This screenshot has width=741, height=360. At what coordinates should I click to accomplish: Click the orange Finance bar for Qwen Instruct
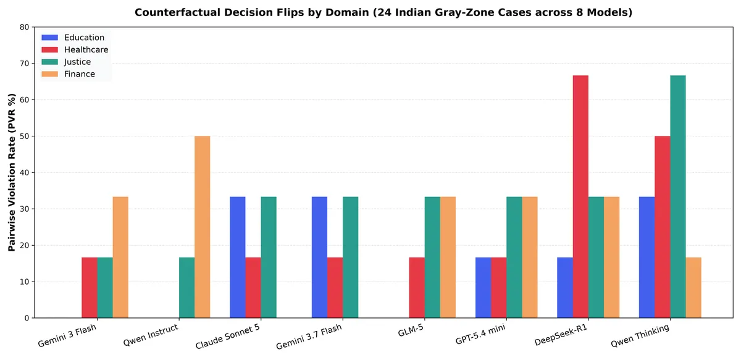(202, 227)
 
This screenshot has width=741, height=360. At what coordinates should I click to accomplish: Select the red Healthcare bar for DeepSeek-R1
(580, 196)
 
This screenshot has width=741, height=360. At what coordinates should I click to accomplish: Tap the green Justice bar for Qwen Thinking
(678, 196)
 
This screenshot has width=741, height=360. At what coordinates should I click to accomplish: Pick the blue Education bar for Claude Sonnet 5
(238, 257)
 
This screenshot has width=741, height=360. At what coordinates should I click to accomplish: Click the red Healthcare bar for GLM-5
(417, 288)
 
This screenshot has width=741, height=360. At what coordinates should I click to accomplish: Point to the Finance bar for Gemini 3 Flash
(120, 257)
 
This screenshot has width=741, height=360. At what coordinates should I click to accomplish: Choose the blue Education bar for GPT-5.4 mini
(484, 288)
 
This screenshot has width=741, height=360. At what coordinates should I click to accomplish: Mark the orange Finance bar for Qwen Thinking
(693, 288)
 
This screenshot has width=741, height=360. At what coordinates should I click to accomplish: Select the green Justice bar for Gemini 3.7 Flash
(350, 257)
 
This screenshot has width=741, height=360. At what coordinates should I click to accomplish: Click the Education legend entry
(73, 38)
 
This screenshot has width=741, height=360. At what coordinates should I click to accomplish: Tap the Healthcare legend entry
(75, 49)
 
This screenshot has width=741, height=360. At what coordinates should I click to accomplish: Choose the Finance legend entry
(68, 74)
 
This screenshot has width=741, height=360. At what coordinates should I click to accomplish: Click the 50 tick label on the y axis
(25, 136)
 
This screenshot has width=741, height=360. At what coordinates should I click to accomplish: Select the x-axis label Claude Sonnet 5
(228, 336)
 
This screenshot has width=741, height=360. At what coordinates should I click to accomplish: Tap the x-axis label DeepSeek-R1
(561, 335)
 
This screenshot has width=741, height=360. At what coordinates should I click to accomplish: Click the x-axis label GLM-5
(411, 330)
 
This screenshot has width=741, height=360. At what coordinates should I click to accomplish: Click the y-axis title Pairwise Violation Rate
(12, 172)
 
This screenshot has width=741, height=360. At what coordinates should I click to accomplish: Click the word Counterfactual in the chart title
(177, 12)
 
